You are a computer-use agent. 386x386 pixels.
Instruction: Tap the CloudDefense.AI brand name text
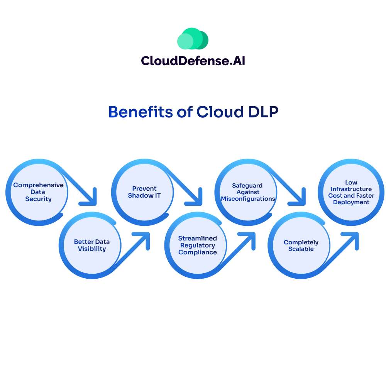tap(193, 61)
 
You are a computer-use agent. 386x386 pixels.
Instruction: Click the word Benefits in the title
tap(141, 112)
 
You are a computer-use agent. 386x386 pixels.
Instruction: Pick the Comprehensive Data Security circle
tap(38, 192)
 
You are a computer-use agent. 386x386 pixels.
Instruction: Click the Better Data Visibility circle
tap(91, 245)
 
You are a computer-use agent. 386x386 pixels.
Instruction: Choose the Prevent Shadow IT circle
tap(144, 192)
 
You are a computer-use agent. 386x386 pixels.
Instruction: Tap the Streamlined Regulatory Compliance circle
tap(197, 245)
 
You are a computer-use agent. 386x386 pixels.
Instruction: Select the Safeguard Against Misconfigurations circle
tap(248, 192)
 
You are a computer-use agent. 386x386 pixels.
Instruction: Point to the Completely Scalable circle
tap(301, 245)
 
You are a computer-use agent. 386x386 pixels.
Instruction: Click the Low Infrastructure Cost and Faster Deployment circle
tap(351, 192)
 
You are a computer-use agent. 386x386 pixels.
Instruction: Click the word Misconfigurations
tap(248, 198)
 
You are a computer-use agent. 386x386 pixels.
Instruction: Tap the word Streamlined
tap(197, 238)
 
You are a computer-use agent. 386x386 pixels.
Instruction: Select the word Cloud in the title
tap(218, 112)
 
